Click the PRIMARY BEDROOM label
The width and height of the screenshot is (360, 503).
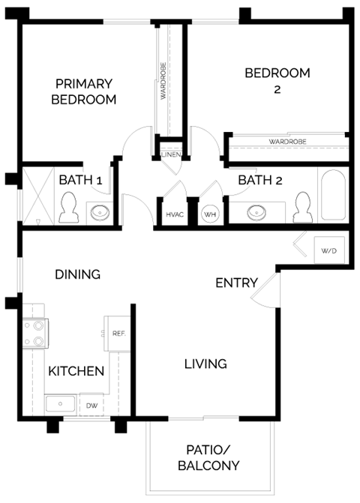point(83,91)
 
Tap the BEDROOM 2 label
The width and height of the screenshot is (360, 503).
point(277,81)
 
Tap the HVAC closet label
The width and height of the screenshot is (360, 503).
point(174,214)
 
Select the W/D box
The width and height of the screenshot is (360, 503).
point(328,250)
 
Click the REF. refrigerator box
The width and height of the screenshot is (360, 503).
point(118,332)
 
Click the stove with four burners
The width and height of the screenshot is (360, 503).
point(34,334)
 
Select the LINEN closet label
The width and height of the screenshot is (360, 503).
point(171,155)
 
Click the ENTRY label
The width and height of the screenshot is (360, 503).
point(236,283)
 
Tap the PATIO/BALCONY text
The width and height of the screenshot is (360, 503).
point(209,458)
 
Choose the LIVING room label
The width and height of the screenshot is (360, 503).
point(205,364)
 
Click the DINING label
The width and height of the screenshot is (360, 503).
point(77,274)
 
